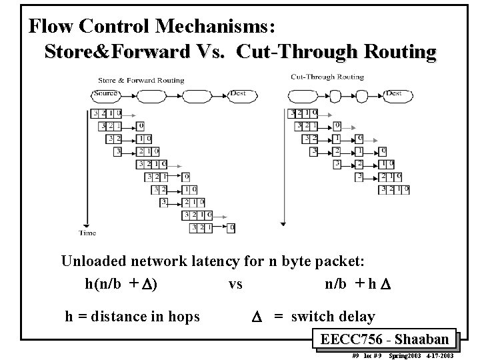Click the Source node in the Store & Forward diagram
(x=107, y=94)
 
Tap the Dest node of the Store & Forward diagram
(x=238, y=94)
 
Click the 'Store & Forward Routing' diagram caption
(x=141, y=81)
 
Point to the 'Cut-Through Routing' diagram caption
(x=327, y=77)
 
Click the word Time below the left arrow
(x=87, y=233)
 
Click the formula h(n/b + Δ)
(x=121, y=283)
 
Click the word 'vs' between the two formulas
(x=235, y=284)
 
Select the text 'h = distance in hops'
(x=132, y=317)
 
